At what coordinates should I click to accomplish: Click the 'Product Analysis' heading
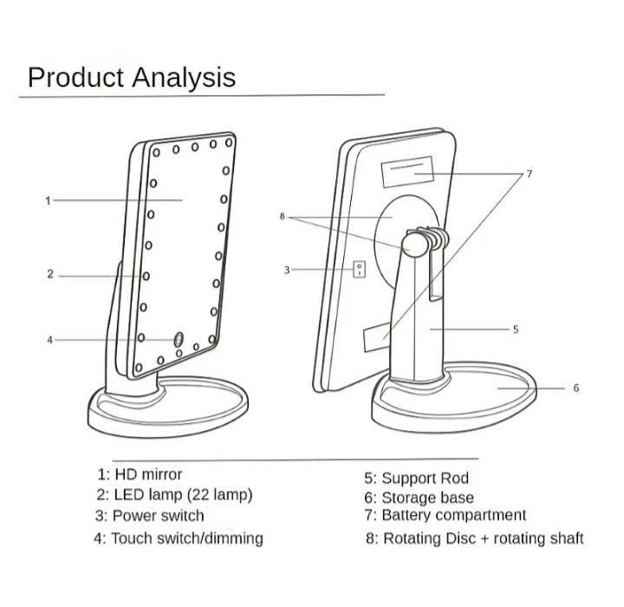[131, 77]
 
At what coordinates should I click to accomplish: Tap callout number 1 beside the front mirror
[49, 201]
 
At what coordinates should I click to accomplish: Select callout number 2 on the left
[50, 275]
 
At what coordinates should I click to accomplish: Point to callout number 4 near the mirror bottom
[49, 340]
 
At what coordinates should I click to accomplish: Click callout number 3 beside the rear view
[287, 270]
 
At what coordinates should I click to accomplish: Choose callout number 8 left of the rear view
[283, 216]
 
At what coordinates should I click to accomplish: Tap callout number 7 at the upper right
[530, 173]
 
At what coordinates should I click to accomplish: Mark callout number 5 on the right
[516, 330]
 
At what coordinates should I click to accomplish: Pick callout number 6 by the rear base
[575, 388]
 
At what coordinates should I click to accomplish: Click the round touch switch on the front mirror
[177, 340]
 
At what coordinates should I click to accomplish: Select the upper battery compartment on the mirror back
[412, 173]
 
